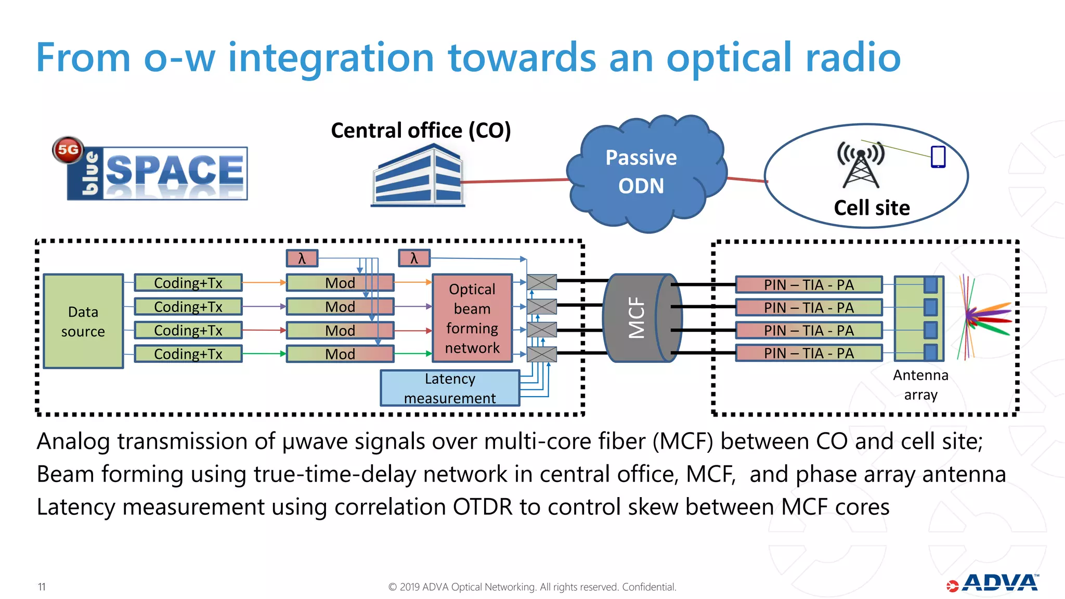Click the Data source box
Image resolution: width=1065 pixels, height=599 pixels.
point(83,321)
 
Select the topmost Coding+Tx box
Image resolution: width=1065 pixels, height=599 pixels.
point(188,283)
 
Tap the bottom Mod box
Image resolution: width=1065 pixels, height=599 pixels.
point(340,354)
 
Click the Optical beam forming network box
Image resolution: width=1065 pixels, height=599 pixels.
point(472,318)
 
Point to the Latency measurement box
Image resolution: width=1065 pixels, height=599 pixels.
point(450,388)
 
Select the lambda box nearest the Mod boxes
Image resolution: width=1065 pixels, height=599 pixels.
point(302,258)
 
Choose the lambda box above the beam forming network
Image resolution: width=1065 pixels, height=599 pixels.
point(414,258)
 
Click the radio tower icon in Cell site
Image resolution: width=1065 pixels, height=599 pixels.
point(861,165)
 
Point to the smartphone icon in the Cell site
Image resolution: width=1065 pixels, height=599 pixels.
point(938,157)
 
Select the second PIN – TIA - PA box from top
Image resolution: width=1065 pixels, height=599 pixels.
point(809,308)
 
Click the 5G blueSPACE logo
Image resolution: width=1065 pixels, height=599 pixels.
point(151,170)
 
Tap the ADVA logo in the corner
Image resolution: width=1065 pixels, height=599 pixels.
point(993,583)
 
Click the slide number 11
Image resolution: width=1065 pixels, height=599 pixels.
point(42,587)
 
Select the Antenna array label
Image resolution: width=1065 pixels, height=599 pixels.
point(920,385)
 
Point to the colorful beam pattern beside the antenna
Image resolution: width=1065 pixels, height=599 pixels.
point(985,317)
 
